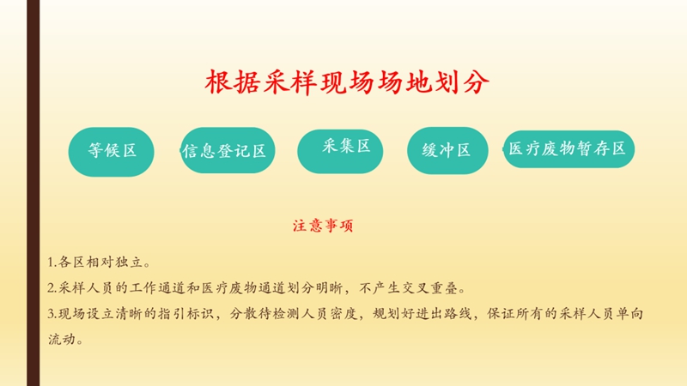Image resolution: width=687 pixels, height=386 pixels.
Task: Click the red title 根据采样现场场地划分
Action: [x=347, y=82]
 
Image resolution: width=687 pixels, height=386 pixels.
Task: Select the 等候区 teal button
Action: [x=112, y=152]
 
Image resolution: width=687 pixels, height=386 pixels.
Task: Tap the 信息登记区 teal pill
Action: [x=228, y=151]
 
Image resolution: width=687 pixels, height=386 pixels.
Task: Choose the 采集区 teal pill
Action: [x=340, y=152]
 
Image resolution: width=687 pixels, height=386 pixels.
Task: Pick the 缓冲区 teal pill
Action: [x=447, y=151]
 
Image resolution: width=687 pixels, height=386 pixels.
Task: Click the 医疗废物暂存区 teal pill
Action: [x=568, y=149]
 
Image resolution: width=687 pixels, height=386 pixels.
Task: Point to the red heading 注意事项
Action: [x=323, y=226]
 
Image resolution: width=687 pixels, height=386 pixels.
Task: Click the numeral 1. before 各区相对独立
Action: [x=52, y=262]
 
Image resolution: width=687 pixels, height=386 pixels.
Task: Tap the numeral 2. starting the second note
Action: [x=52, y=288]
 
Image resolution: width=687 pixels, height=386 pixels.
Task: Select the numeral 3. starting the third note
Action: [x=52, y=314]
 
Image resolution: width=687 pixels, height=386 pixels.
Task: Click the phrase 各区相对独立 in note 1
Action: [x=100, y=262]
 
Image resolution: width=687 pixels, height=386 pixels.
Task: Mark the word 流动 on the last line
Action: [x=62, y=339]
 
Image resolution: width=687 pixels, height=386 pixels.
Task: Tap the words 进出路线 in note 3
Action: [x=444, y=314]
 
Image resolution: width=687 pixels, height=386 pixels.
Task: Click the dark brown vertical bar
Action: [x=33, y=193]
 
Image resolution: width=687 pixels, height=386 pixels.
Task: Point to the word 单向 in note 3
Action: [x=629, y=314]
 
